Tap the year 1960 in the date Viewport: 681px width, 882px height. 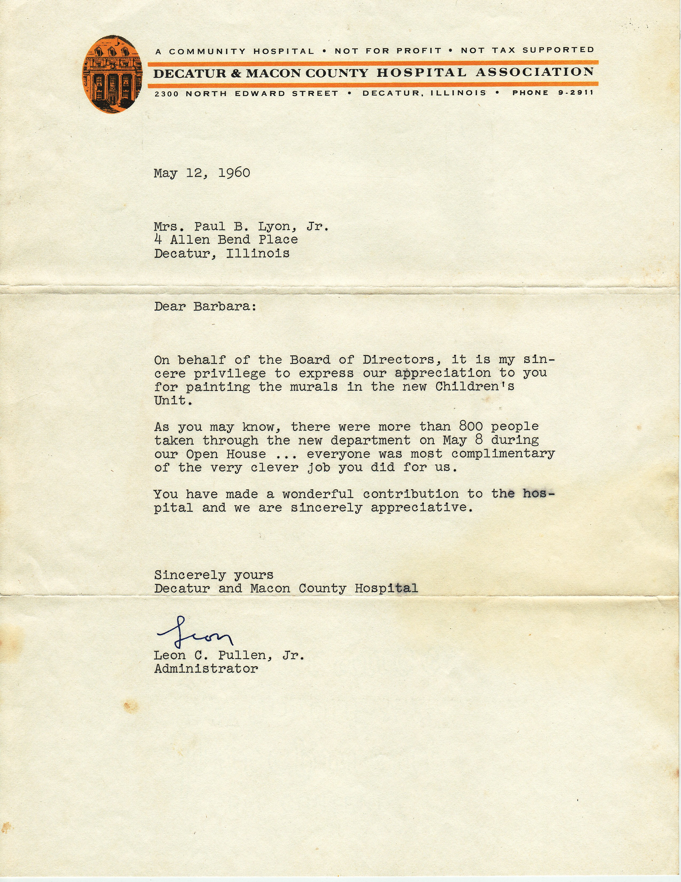(234, 173)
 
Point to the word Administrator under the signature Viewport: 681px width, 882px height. (206, 669)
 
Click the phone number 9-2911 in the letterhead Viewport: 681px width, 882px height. (576, 93)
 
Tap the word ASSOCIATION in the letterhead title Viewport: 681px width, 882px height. (535, 72)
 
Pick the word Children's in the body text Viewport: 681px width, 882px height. (474, 387)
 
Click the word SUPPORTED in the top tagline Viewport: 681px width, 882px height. (558, 50)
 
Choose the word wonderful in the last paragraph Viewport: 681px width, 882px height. (318, 494)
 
